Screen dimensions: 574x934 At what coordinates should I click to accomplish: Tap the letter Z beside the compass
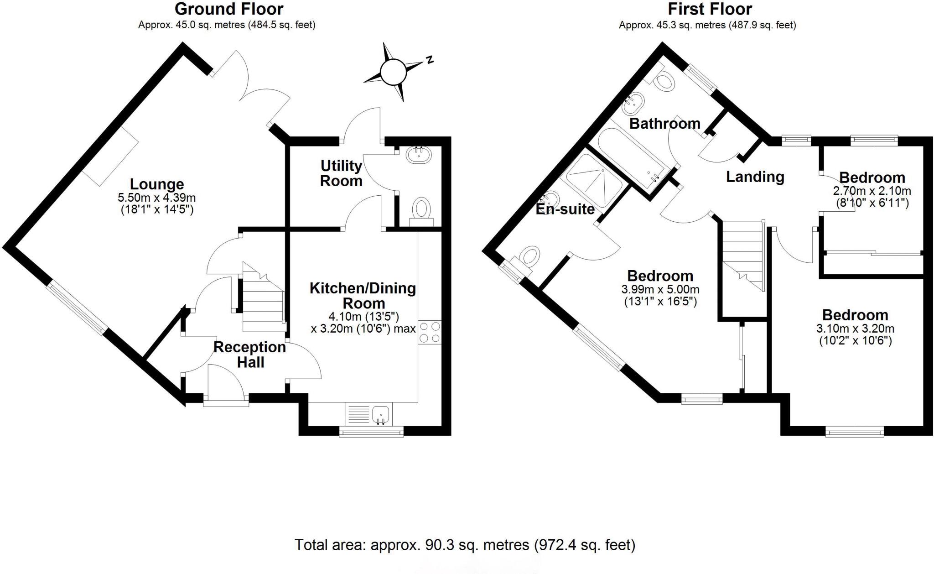click(x=429, y=60)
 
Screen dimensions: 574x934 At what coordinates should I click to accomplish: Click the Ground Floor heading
click(x=229, y=9)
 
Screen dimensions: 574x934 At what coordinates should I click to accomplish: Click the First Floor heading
click(x=710, y=9)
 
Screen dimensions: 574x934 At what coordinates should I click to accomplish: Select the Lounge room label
click(x=157, y=184)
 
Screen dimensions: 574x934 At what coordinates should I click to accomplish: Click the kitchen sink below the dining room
click(x=380, y=414)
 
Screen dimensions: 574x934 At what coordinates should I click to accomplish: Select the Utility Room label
click(x=341, y=173)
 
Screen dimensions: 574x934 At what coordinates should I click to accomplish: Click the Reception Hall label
click(x=250, y=355)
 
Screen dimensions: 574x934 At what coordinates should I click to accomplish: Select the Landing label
click(x=755, y=177)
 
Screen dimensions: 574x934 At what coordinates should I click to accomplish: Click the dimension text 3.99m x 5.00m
click(x=660, y=289)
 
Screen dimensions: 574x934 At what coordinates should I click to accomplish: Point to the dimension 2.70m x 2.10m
click(x=872, y=191)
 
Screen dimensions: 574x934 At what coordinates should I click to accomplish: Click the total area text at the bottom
click(x=465, y=545)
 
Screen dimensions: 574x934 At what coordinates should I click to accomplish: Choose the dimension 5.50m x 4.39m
click(x=157, y=198)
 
